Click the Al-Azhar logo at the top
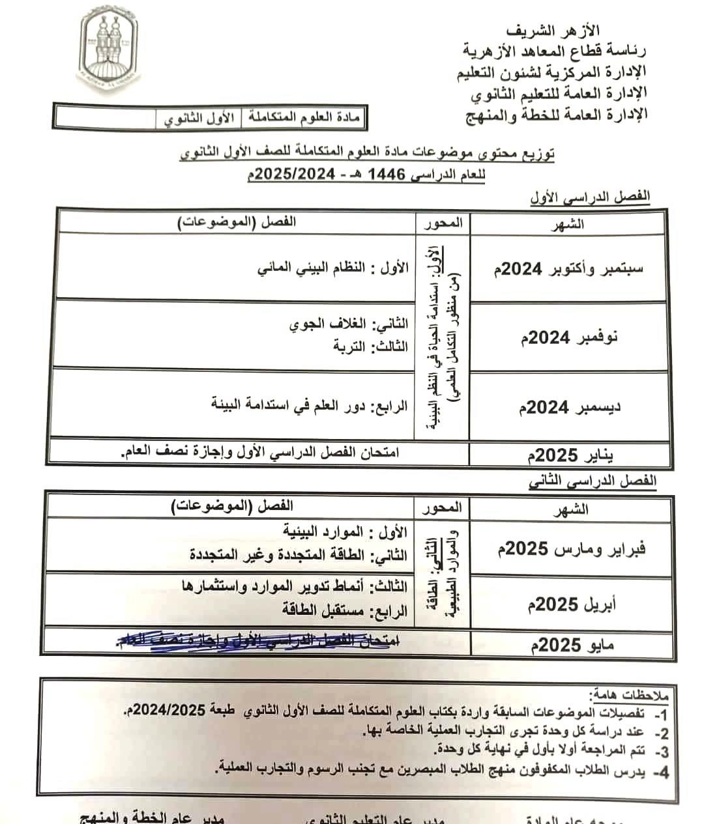click(109, 47)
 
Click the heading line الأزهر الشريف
click(553, 31)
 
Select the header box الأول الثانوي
click(198, 119)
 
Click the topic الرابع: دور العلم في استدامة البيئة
click(309, 405)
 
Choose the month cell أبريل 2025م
click(570, 604)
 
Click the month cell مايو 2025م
click(573, 645)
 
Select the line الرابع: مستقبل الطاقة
click(344, 610)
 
